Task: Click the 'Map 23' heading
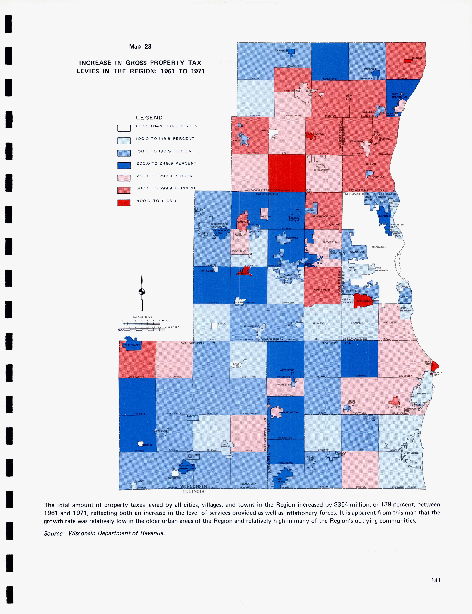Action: pos(140,47)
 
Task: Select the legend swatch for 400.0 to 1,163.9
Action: pos(124,203)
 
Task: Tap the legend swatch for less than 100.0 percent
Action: pos(124,128)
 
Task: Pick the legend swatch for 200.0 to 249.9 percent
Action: pos(124,166)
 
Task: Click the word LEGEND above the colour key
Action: pos(149,118)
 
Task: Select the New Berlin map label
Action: pos(322,290)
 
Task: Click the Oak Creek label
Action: pos(390,322)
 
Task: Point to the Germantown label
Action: pos(322,170)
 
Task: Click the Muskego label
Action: pos(318,323)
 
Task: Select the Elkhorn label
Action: pos(193,416)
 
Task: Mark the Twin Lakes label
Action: pos(280,480)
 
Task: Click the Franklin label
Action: pos(357,323)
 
